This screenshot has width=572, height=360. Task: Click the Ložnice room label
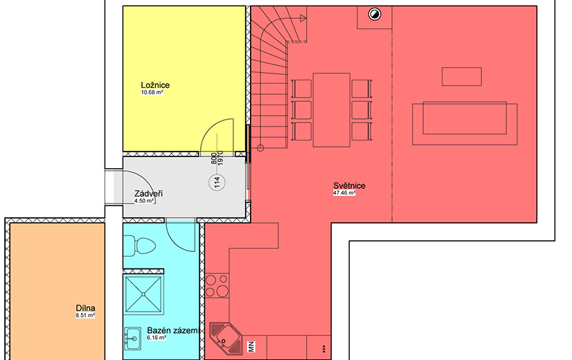[155, 85]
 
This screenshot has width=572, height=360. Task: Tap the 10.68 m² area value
[152, 93]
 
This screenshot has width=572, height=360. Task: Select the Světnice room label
[349, 186]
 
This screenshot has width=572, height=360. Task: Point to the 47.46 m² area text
[344, 193]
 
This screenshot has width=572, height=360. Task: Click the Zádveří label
[148, 194]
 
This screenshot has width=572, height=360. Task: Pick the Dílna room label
[85, 308]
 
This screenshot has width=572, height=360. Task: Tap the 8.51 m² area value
[85, 316]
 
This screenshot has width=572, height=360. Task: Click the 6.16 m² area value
[157, 338]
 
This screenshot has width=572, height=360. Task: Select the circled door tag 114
[217, 182]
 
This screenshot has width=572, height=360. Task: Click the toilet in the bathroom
[140, 246]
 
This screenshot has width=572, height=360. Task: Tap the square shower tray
[143, 294]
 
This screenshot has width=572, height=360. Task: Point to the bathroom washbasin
[132, 339]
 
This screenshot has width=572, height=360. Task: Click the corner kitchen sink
[226, 339]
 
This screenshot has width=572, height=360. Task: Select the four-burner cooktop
[217, 286]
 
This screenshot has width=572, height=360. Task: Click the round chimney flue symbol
[374, 15]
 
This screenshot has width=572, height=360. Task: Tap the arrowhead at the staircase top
[303, 18]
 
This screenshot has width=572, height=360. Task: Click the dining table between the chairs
[332, 110]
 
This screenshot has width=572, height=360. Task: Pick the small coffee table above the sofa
[461, 77]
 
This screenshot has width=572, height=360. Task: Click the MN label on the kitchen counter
[251, 347]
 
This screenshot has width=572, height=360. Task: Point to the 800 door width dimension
[214, 159]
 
